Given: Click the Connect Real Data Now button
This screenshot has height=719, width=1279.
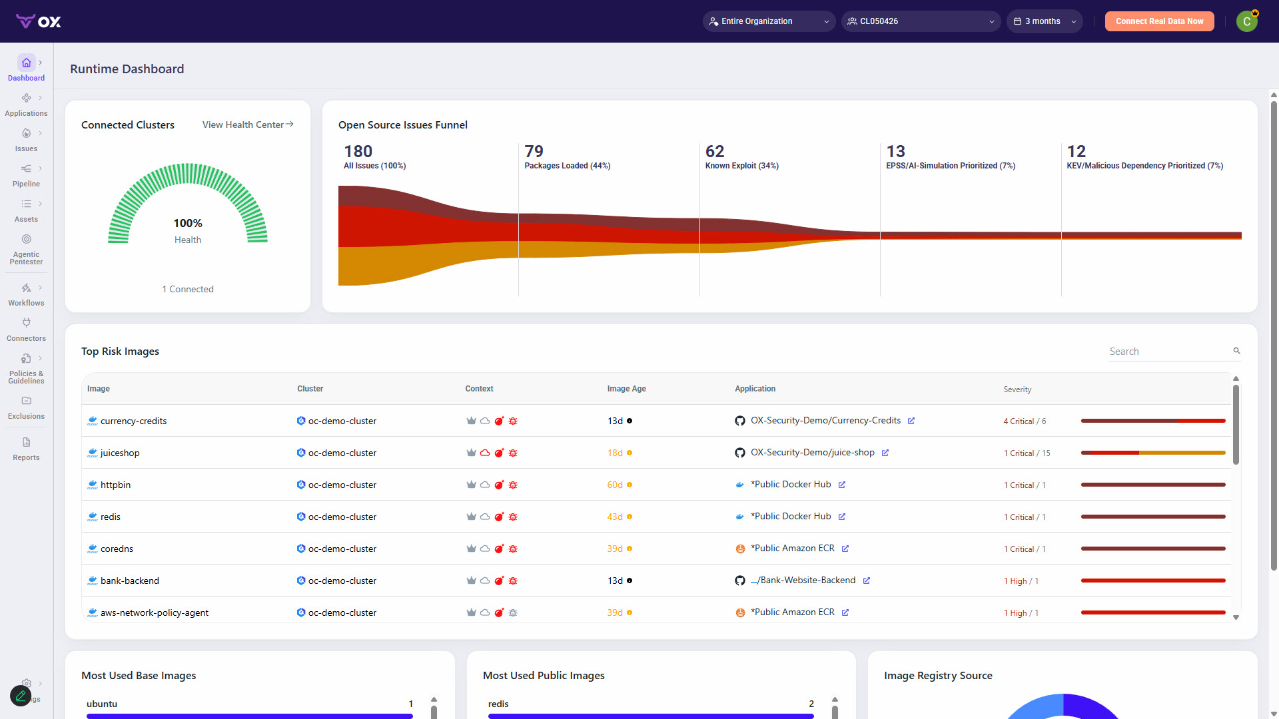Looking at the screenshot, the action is (x=1159, y=21).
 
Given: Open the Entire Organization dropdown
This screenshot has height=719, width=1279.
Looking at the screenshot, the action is (x=769, y=21).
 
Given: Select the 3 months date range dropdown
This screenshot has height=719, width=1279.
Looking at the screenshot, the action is (x=1044, y=21).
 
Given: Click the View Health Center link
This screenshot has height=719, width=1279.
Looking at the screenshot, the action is (x=248, y=124).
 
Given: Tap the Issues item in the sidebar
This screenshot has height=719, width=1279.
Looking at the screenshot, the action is (x=26, y=140).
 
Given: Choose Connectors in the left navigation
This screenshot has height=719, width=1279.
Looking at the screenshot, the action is (x=26, y=330).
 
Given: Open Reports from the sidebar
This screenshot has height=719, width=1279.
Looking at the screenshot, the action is (x=26, y=449).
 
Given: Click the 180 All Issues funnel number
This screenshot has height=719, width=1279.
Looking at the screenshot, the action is (x=358, y=151).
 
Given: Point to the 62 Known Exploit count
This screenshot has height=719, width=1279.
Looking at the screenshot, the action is (x=715, y=151).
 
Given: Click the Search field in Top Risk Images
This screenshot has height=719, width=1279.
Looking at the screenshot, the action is (x=1169, y=352).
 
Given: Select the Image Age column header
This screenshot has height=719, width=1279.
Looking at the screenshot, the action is (x=626, y=389).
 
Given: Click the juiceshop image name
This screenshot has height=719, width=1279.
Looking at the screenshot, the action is (x=120, y=453).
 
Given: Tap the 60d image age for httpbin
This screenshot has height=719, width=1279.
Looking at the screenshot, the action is (x=615, y=485).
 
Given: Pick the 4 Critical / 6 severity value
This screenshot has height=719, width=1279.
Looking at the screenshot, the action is (x=1025, y=421).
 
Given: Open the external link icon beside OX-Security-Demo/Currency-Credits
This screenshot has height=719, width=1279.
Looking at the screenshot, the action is (x=911, y=421).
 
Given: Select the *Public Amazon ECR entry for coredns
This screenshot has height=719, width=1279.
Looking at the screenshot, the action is (x=793, y=549).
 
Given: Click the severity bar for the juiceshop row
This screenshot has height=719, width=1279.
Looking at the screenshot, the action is (x=1153, y=453).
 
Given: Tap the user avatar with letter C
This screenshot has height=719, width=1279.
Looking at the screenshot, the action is (x=1247, y=21).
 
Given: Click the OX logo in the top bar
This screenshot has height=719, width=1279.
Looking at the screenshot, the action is (x=39, y=21).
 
